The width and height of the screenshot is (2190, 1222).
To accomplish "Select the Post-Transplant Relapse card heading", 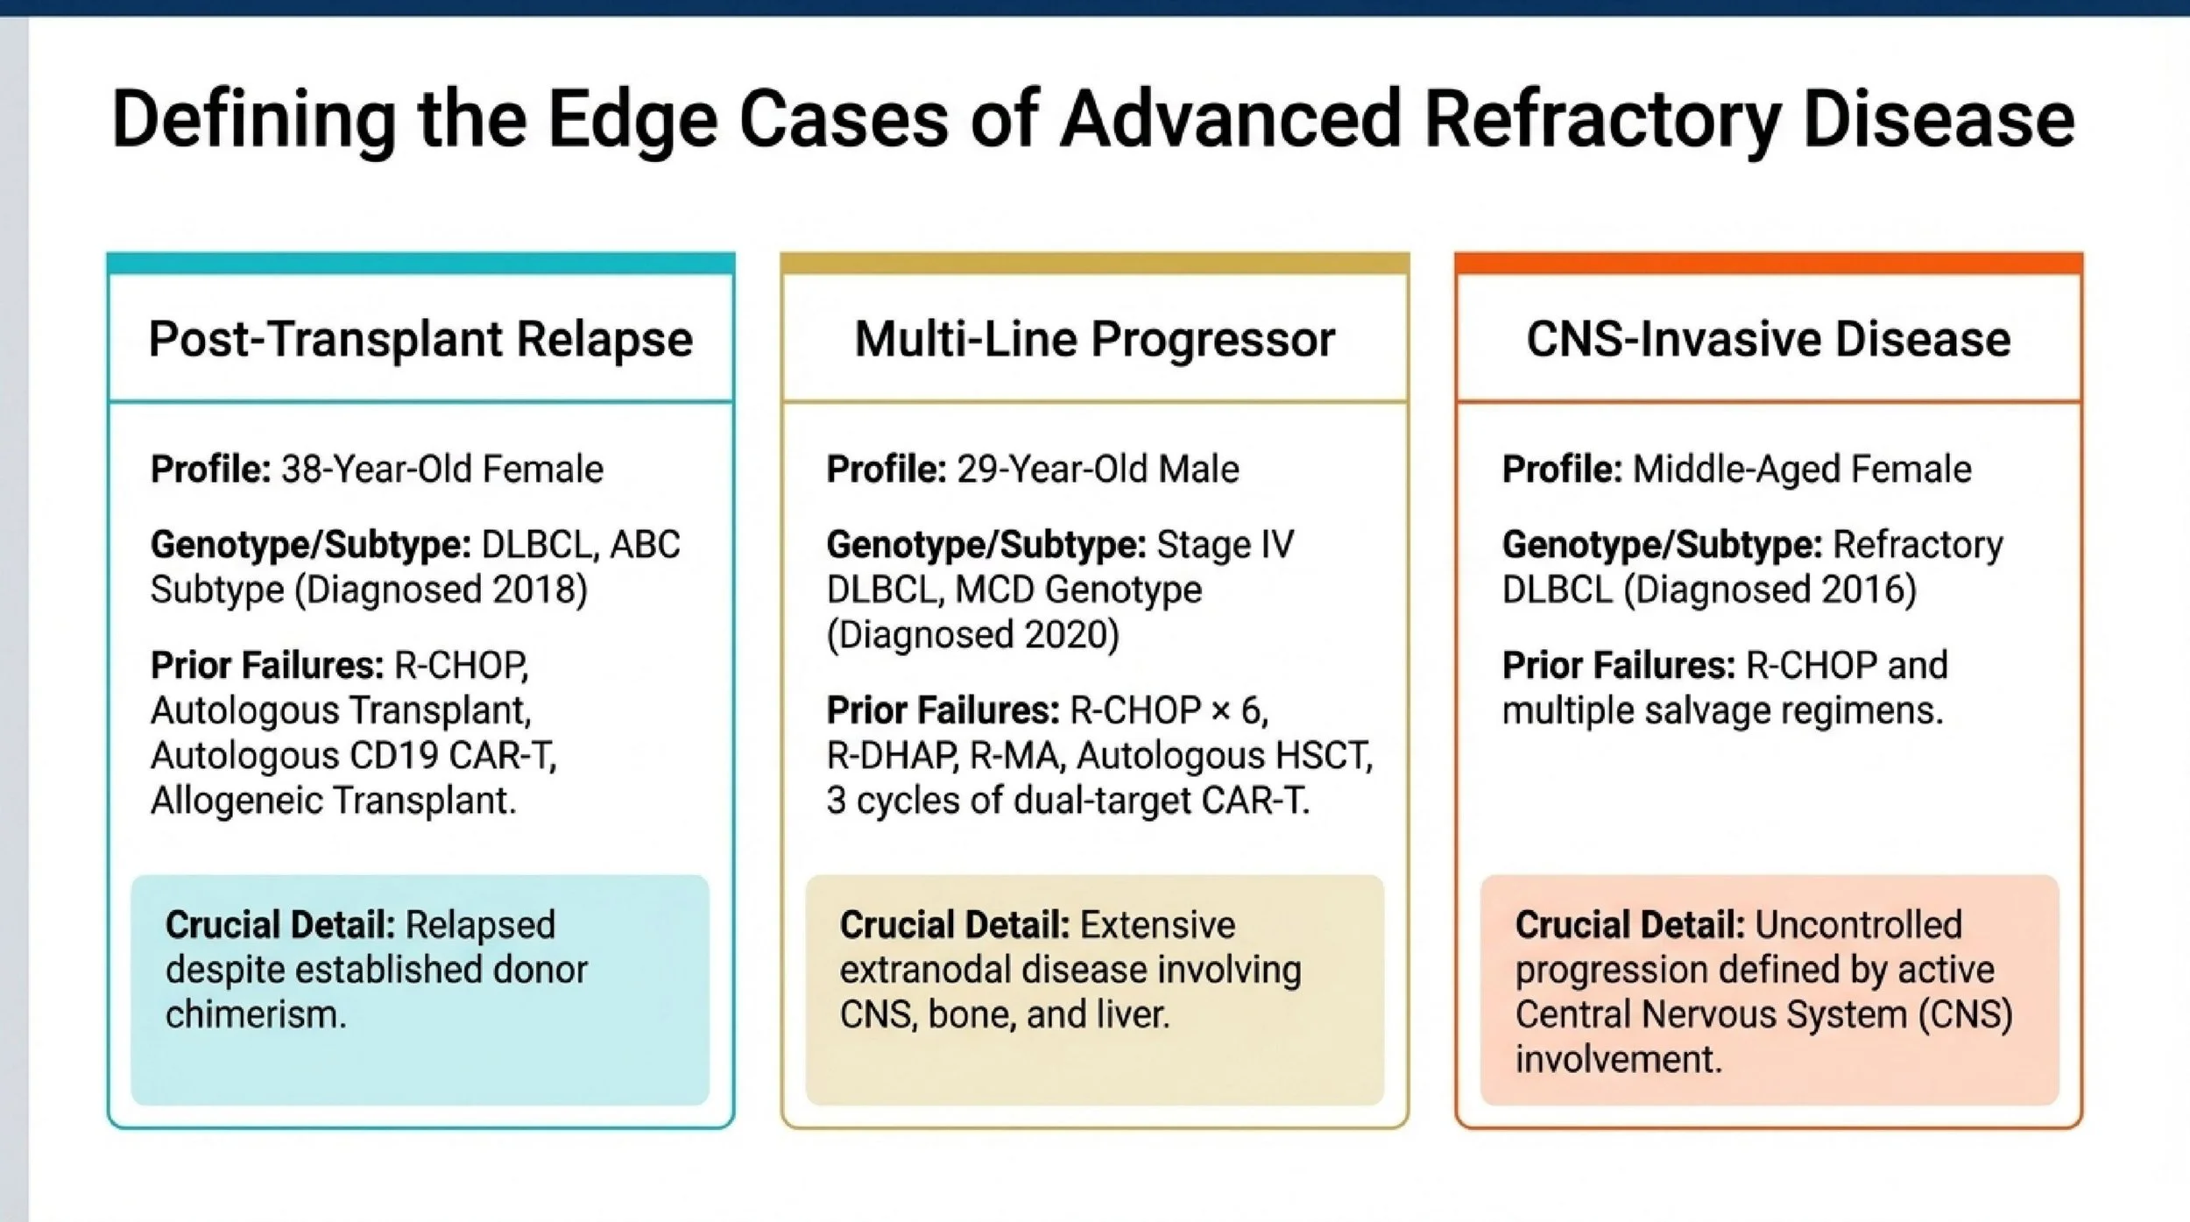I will (x=420, y=339).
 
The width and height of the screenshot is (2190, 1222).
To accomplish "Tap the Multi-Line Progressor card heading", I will (x=1094, y=339).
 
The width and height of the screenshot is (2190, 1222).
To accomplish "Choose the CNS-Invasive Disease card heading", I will (x=1768, y=339).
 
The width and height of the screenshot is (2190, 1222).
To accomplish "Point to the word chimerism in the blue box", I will (x=255, y=1014).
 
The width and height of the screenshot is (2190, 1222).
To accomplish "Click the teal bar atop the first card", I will (x=420, y=263).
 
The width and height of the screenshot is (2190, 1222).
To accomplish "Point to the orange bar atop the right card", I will (x=1768, y=263).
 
